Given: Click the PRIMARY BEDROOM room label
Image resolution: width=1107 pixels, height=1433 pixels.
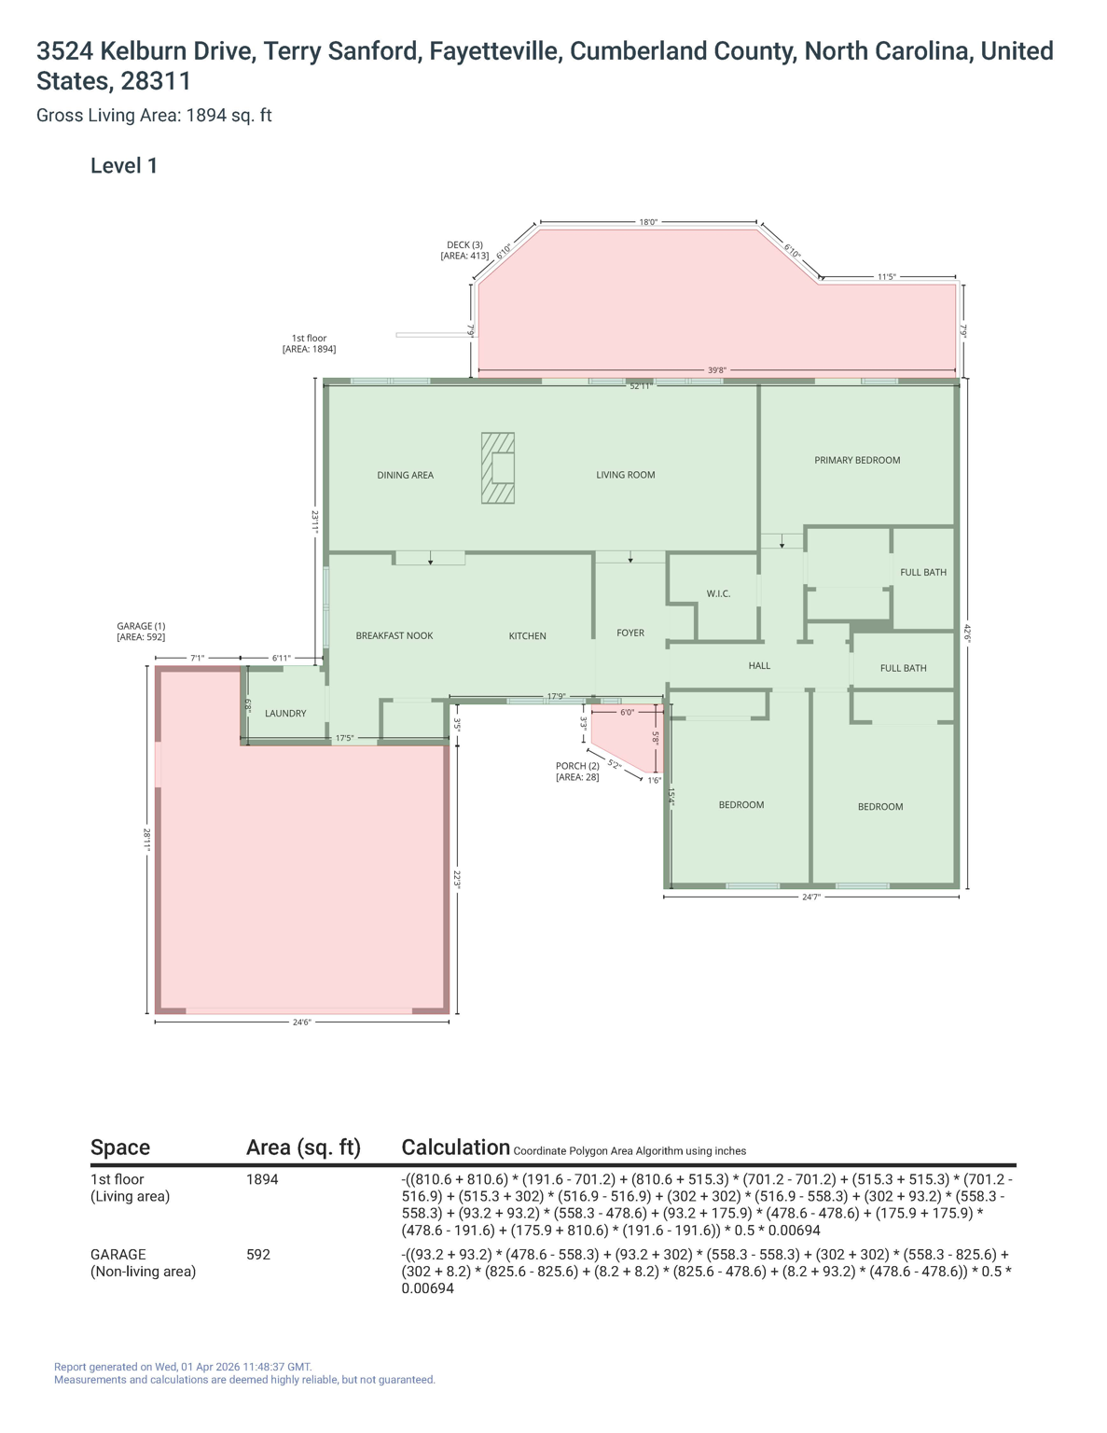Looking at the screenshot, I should click(856, 460).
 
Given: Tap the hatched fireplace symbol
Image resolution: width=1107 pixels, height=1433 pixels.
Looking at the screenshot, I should click(497, 467).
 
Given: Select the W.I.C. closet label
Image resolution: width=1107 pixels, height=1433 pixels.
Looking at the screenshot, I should click(718, 593).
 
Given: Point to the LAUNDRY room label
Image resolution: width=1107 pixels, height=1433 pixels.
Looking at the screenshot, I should click(285, 714).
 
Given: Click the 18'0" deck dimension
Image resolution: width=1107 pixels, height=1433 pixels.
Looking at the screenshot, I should click(648, 222).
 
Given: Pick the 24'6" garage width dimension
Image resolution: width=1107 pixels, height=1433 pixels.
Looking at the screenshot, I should click(301, 1023).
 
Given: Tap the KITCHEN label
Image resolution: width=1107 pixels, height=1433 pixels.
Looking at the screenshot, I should click(527, 636).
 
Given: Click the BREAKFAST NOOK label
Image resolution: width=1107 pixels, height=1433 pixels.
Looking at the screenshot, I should click(394, 636).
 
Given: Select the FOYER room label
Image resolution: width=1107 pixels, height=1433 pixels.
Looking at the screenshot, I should click(630, 633).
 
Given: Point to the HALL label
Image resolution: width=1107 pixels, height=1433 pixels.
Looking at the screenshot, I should click(759, 666).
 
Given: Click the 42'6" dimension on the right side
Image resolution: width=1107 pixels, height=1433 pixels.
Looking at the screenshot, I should click(968, 633).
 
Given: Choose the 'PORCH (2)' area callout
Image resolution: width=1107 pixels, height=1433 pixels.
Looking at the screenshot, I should click(577, 772).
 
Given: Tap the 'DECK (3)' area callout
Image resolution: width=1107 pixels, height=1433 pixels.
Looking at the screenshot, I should click(464, 250).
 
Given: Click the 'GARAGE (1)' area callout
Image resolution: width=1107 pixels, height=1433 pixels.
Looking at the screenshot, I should click(141, 632).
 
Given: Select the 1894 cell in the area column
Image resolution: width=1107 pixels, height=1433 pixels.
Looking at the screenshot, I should click(262, 1179).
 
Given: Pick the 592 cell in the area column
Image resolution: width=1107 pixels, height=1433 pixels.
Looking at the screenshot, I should click(258, 1255).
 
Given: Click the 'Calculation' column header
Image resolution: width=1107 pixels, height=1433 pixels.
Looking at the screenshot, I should click(455, 1148).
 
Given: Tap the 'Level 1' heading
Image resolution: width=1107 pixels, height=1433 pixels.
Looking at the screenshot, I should click(124, 166).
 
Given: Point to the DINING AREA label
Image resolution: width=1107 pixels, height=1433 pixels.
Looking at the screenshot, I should click(405, 475).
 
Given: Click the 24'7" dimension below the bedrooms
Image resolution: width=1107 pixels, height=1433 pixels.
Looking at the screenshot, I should click(811, 897).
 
